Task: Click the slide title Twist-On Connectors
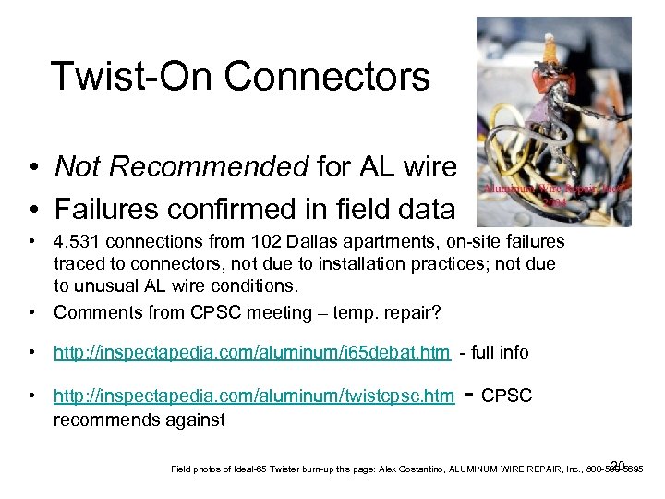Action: [x=240, y=77]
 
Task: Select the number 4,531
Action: [x=79, y=242]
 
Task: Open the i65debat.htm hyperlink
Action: [x=252, y=352]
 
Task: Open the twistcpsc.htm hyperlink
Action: [x=254, y=396]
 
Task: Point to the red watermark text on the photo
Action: [x=554, y=192]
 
